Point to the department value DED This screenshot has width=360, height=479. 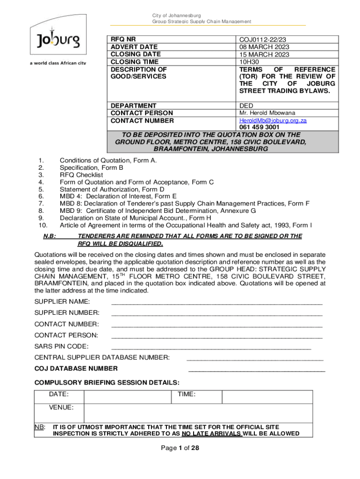pos(246,106)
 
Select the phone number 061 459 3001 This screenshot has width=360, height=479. pos(259,127)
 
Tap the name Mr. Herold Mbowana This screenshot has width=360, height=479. pos(267,113)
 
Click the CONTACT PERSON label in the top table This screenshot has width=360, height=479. pos(142,113)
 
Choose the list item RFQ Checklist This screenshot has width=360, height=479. pos(81,175)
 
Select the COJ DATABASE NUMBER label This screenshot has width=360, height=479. pos(76,369)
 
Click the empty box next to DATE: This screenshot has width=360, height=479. pos(128,397)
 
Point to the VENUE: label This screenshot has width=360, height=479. pos(61,407)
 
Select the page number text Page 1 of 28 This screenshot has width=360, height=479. pos(180,448)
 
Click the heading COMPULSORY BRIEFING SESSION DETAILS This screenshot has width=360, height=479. pos(107,382)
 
